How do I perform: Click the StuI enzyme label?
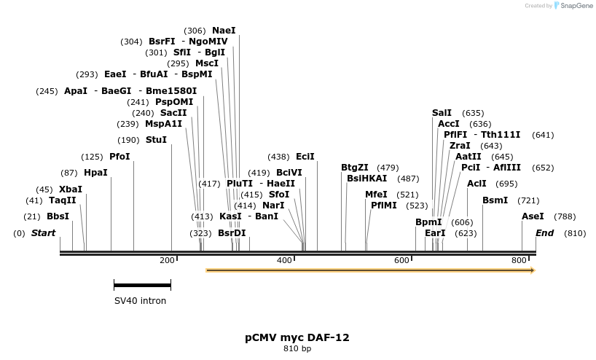156,140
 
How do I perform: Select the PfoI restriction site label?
119,157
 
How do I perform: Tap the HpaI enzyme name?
95,173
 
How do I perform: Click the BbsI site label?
58,216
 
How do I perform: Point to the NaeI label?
224,31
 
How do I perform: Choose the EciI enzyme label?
305,157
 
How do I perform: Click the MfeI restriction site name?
376,195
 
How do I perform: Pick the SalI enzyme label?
442,113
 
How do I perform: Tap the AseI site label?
533,216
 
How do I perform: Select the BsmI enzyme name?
495,200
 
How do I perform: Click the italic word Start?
43,233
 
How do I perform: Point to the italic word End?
544,233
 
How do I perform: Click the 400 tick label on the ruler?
284,260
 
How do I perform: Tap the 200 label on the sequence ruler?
167,260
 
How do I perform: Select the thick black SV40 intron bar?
142,285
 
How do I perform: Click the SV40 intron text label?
140,300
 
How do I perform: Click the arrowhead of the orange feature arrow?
533,270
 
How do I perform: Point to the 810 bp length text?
297,349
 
